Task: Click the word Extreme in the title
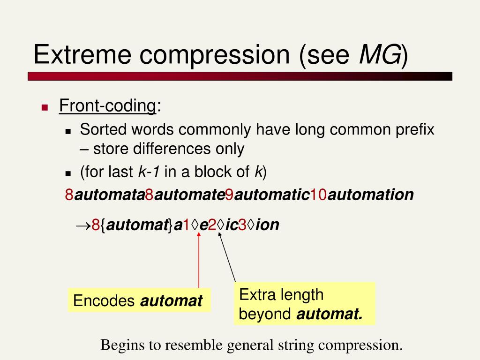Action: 82,54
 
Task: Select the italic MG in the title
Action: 380,54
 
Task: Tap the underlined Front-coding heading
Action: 107,106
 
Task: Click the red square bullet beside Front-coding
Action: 45,107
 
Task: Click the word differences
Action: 152,149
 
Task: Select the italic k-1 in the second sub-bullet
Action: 149,172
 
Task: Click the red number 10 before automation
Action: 318,195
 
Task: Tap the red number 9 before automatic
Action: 229,195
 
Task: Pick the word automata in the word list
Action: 109,195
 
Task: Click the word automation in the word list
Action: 370,195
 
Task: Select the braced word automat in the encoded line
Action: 136,225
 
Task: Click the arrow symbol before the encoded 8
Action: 83,225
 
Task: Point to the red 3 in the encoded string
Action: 242,225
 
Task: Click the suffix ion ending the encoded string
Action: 267,225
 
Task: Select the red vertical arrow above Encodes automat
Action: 199,260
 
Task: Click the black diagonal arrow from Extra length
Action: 227,257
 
